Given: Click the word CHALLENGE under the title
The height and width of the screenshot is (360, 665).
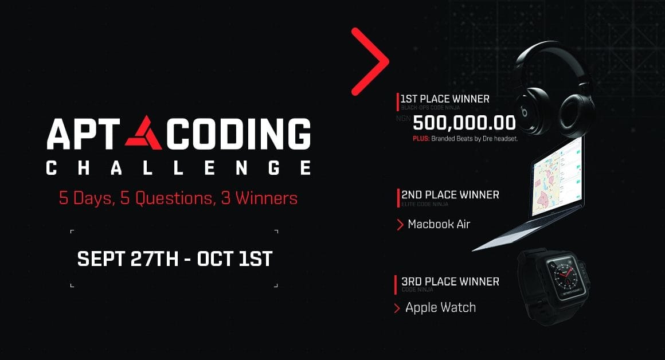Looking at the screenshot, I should (x=178, y=167).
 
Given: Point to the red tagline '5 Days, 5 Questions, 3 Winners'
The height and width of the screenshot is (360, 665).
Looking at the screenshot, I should (x=178, y=198).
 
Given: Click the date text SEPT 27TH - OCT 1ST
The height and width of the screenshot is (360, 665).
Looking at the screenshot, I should (x=175, y=259).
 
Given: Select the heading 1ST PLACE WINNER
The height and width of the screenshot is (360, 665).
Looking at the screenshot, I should (x=445, y=99).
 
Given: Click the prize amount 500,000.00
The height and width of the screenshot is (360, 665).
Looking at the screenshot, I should (x=464, y=122).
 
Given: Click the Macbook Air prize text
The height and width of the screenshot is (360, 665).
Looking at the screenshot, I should (x=439, y=224).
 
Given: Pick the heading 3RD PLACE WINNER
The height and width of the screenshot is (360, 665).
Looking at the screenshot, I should (x=450, y=281).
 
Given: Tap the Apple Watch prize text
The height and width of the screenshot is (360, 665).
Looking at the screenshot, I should (x=440, y=308).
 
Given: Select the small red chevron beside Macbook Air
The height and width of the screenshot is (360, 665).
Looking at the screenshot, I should (x=400, y=225).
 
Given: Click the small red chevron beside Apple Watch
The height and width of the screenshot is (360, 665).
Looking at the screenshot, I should (x=397, y=308).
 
